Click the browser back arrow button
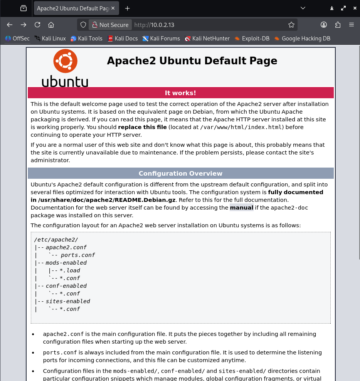pyautogui.click(x=10, y=25)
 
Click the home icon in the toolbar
pyautogui.click(x=51, y=25)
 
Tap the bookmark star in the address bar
pyautogui.click(x=291, y=25)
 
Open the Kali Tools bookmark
pyautogui.click(x=86, y=38)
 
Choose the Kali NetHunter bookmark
pyautogui.click(x=207, y=38)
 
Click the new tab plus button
pyautogui.click(x=128, y=8)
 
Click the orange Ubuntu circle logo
pyautogui.click(x=65, y=61)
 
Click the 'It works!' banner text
pyautogui.click(x=180, y=93)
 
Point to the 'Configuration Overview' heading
pyautogui.click(x=180, y=173)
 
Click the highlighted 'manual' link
pyautogui.click(x=242, y=208)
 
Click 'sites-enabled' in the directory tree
pyautogui.click(x=68, y=301)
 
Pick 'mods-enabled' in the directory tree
pyautogui.click(x=66, y=263)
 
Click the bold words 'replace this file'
pyautogui.click(x=142, y=127)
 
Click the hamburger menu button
pyautogui.click(x=352, y=25)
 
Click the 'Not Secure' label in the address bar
pyautogui.click(x=114, y=25)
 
